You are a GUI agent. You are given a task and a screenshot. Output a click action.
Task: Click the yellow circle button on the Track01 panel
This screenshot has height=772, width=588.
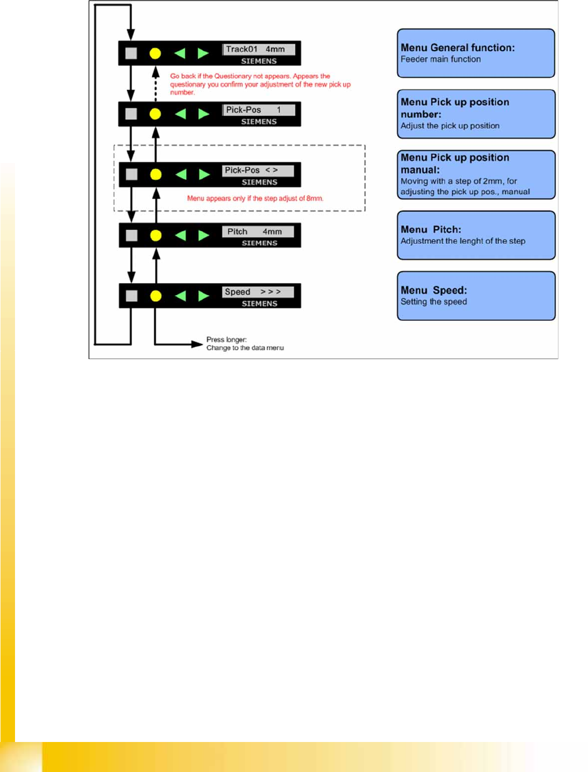[155, 53]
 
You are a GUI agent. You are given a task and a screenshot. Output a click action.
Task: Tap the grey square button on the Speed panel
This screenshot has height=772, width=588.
[132, 295]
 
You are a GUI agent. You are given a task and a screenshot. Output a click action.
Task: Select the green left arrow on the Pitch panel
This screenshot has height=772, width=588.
[181, 235]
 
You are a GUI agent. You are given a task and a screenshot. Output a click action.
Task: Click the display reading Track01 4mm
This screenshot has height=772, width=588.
[259, 49]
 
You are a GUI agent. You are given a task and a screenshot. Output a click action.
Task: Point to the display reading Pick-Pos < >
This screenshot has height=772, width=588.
[258, 170]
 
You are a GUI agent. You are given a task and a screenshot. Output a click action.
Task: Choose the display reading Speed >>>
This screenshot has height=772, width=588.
[258, 292]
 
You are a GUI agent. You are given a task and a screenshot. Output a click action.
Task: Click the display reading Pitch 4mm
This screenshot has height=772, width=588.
[258, 231]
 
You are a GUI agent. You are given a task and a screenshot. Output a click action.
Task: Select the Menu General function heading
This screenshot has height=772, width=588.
[458, 48]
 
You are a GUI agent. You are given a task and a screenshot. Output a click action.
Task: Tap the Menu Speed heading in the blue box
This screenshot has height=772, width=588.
[434, 290]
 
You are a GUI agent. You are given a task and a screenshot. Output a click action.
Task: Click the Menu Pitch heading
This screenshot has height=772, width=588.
[431, 229]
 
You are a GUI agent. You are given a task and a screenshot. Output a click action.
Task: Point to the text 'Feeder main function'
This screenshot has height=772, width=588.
[440, 60]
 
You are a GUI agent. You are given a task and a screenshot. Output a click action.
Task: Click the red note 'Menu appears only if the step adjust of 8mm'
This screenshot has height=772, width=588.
[255, 198]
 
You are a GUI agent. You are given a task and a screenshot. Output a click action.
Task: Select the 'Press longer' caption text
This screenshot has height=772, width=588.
[227, 339]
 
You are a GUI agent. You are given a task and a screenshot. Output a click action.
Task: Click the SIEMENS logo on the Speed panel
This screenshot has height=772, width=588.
[259, 304]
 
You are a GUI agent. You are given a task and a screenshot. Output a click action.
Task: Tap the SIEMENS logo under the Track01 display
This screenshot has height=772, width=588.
[259, 61]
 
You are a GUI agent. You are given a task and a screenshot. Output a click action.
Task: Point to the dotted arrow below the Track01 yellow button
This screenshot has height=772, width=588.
[155, 85]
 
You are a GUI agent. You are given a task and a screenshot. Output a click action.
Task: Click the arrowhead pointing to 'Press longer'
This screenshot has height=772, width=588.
[198, 344]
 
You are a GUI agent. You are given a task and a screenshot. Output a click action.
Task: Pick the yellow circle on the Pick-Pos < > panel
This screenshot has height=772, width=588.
[156, 175]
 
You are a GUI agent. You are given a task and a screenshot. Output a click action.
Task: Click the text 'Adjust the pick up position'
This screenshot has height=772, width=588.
[450, 126]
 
